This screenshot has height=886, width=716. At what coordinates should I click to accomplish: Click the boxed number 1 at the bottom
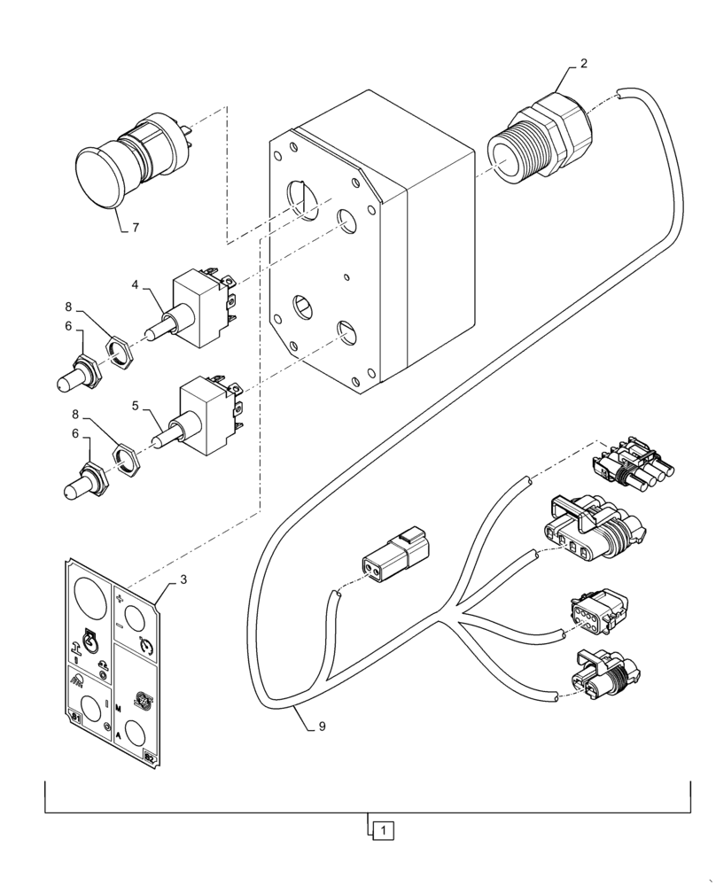(381, 830)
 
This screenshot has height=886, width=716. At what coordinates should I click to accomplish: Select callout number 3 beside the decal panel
(183, 579)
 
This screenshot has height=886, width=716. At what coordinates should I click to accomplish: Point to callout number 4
(135, 285)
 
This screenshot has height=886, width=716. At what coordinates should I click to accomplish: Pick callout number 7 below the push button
(135, 228)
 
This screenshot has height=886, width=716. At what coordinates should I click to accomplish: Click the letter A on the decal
(119, 736)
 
